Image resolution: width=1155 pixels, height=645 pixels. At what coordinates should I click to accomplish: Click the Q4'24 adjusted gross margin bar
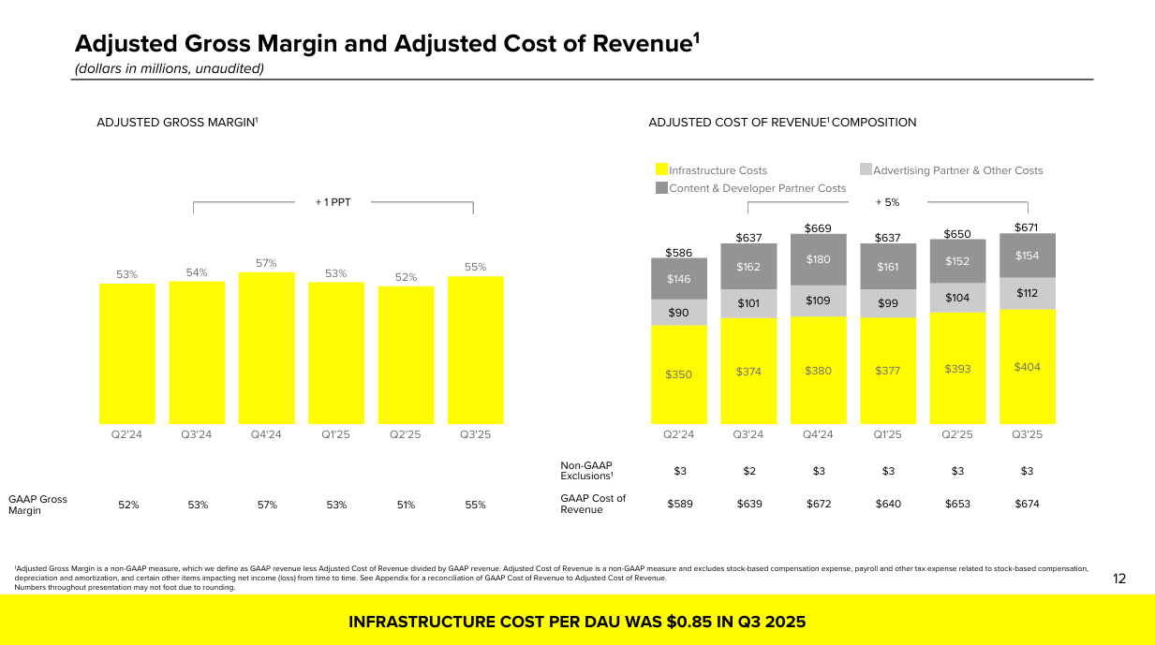point(267,348)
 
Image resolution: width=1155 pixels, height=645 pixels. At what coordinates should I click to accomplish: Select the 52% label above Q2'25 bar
point(406,277)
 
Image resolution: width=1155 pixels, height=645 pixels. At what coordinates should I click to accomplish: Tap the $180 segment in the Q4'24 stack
point(819,259)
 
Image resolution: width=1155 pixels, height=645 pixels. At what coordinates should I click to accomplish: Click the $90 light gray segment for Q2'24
point(679,313)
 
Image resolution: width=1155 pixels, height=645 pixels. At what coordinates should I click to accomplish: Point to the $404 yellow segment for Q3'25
point(1028,367)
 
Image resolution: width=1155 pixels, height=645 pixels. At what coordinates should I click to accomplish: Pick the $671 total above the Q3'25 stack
point(1027,227)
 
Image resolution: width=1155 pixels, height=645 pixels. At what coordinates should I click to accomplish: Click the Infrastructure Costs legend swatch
point(661,170)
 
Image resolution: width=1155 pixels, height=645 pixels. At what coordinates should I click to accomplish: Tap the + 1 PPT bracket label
point(333,201)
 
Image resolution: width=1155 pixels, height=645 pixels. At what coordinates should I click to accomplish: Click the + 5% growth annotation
point(887,201)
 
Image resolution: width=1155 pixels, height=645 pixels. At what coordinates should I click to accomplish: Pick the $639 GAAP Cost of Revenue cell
point(748,504)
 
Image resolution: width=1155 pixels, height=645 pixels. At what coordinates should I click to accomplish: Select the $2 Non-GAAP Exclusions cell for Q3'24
point(748,471)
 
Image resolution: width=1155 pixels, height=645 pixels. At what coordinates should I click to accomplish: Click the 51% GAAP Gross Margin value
point(406,505)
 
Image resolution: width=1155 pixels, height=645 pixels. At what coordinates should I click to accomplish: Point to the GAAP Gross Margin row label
point(38,505)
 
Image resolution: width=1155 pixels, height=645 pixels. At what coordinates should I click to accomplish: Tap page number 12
point(1119,579)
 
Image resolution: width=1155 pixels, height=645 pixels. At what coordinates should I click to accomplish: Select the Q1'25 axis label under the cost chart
point(887,434)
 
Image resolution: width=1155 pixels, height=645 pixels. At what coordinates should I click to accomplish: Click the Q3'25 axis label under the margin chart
point(475,434)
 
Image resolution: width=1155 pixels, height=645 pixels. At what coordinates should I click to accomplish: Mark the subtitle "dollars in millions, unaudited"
point(170,68)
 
